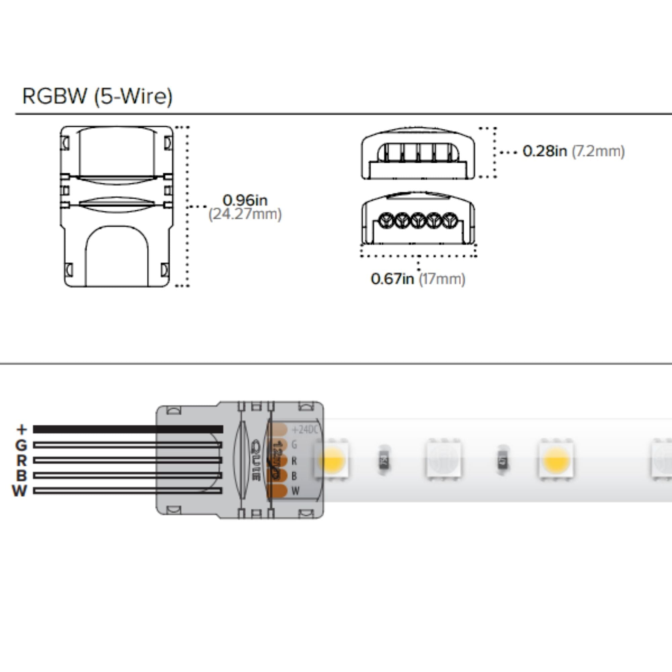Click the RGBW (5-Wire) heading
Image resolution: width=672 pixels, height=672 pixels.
click(x=97, y=96)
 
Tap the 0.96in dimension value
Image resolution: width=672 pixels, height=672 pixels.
click(x=245, y=200)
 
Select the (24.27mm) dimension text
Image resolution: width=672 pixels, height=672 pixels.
click(x=245, y=214)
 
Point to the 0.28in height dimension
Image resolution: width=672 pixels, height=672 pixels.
click(x=545, y=151)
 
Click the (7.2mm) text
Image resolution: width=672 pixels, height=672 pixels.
click(x=598, y=151)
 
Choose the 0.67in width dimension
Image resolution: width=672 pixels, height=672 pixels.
click(x=392, y=279)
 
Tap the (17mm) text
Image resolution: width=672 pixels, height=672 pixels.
click(x=442, y=279)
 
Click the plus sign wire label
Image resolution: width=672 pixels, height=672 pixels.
click(x=22, y=429)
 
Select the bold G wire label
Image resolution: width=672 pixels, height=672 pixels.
click(x=21, y=445)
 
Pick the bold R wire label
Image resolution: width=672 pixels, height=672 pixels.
click(x=21, y=461)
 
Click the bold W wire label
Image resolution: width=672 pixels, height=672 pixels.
click(x=19, y=491)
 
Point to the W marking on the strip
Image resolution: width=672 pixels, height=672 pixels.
click(x=295, y=491)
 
